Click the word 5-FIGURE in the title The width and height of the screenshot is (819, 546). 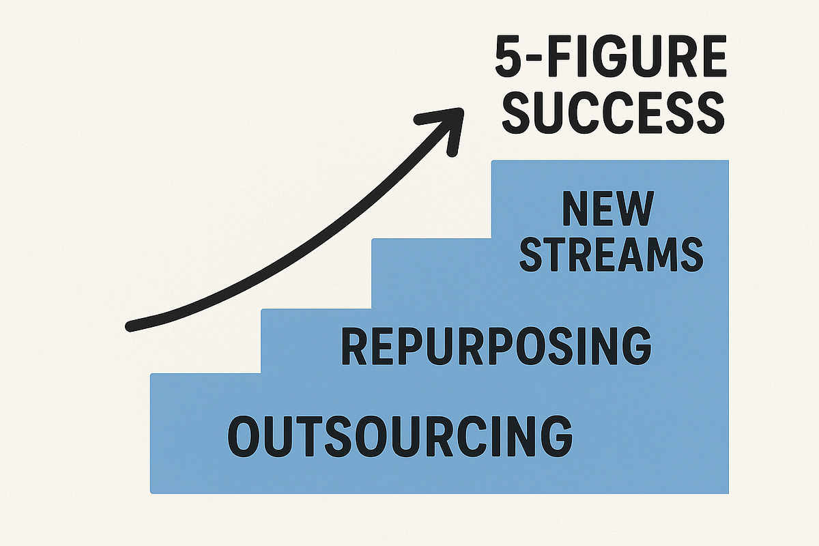point(611,56)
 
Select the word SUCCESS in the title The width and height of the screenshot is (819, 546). point(613,113)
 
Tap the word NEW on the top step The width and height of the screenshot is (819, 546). point(607,208)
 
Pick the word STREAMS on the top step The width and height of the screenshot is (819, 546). point(612,254)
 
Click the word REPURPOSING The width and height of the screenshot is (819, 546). point(496,346)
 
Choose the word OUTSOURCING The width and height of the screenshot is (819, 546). point(400,435)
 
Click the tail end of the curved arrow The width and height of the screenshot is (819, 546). point(130,326)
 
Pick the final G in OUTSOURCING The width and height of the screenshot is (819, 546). point(556,435)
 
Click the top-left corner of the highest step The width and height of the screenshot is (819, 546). point(492,160)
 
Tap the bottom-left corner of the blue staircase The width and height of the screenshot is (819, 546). point(151,493)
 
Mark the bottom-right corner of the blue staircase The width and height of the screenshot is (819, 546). point(728,493)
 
